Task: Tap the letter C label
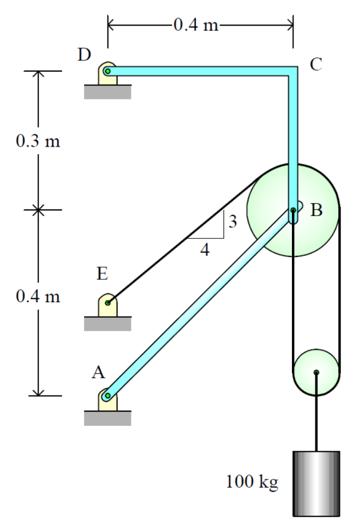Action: click(x=316, y=64)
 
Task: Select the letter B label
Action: click(x=316, y=210)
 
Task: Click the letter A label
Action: click(x=99, y=372)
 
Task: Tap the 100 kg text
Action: click(x=252, y=483)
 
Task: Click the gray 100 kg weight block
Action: click(x=316, y=483)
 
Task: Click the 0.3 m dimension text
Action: click(x=38, y=141)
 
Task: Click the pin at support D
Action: click(x=107, y=71)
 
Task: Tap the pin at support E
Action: click(x=107, y=303)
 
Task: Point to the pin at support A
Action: click(x=107, y=396)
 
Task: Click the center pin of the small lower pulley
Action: click(x=316, y=372)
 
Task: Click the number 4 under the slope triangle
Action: click(x=205, y=250)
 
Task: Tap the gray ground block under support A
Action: click(x=107, y=418)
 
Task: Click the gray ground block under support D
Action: click(x=107, y=91)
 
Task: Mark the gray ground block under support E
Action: click(x=107, y=323)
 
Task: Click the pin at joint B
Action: click(x=293, y=210)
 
